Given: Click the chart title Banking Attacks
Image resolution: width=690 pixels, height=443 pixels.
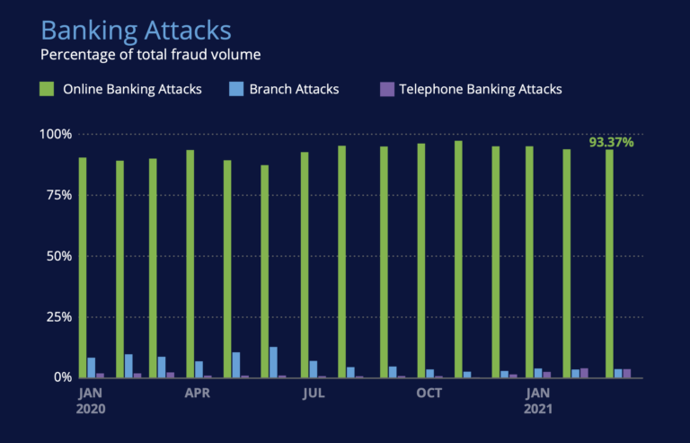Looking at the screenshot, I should pyautogui.click(x=136, y=30).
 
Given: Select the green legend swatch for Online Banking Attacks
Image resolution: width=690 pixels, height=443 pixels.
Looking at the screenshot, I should pyautogui.click(x=47, y=89).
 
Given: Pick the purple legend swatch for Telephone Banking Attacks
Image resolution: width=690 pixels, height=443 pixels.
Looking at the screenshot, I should pyautogui.click(x=387, y=89).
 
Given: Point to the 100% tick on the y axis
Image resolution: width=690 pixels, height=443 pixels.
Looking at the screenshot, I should pyautogui.click(x=55, y=135).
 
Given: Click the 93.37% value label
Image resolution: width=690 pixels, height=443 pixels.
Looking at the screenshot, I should pyautogui.click(x=611, y=142).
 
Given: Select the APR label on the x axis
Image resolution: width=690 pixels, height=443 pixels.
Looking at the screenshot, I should pyautogui.click(x=198, y=393).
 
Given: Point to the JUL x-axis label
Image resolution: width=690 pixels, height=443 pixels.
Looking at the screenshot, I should pyautogui.click(x=313, y=393).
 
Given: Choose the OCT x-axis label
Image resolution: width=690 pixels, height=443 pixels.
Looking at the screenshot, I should pyautogui.click(x=429, y=393).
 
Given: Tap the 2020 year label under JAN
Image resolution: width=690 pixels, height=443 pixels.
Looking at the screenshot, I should pyautogui.click(x=92, y=408).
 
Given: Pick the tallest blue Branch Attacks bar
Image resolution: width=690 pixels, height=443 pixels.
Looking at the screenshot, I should pyautogui.click(x=273, y=362).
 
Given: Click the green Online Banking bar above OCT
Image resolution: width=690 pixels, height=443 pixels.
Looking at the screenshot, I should pyautogui.click(x=420, y=261).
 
